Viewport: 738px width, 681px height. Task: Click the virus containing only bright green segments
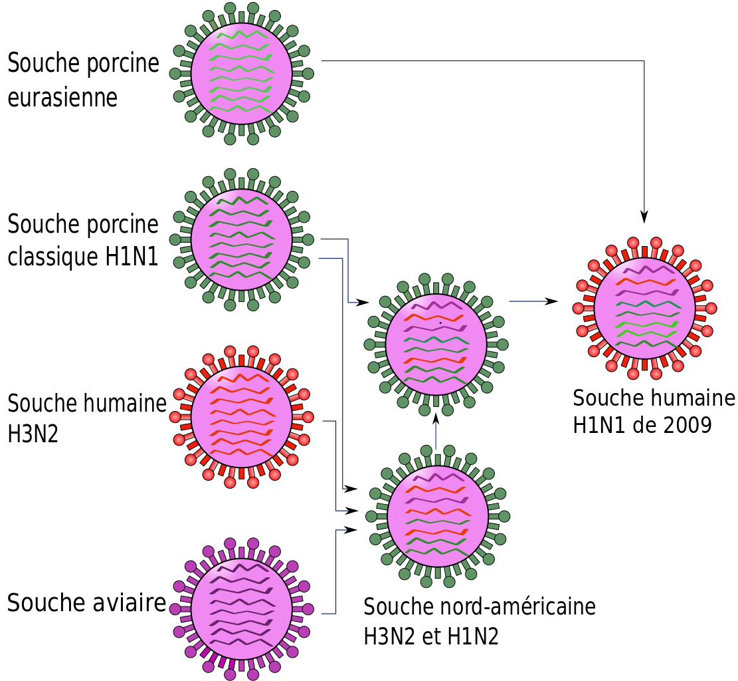pyautogui.click(x=241, y=73)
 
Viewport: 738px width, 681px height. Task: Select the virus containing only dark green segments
pyautogui.click(x=241, y=239)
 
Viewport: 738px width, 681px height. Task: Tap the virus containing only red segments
pyautogui.click(x=241, y=417)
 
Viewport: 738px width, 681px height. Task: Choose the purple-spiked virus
pyautogui.click(x=241, y=609)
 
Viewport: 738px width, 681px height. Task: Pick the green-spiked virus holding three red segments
pyautogui.click(x=438, y=516)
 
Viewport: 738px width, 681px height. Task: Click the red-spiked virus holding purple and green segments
pyautogui.click(x=644, y=308)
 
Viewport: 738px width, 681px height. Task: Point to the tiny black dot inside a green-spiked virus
pyautogui.click(x=440, y=323)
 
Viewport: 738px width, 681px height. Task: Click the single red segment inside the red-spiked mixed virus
pyautogui.click(x=645, y=282)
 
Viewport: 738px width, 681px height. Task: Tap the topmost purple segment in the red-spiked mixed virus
pyautogui.click(x=648, y=270)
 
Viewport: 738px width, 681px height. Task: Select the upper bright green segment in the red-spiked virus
pyautogui.click(x=648, y=325)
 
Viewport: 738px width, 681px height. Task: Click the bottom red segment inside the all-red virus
pyautogui.click(x=241, y=452)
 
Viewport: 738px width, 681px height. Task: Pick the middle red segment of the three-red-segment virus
pyautogui.click(x=435, y=512)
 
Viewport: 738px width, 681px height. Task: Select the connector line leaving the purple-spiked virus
pyautogui.click(x=335, y=572)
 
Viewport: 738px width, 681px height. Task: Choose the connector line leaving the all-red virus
pyautogui.click(x=335, y=466)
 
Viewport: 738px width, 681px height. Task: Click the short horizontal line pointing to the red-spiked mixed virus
pyautogui.click(x=529, y=301)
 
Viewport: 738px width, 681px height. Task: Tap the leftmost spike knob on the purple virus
pyautogui.click(x=175, y=609)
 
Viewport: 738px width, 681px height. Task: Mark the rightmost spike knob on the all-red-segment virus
pyautogui.click(x=308, y=417)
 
